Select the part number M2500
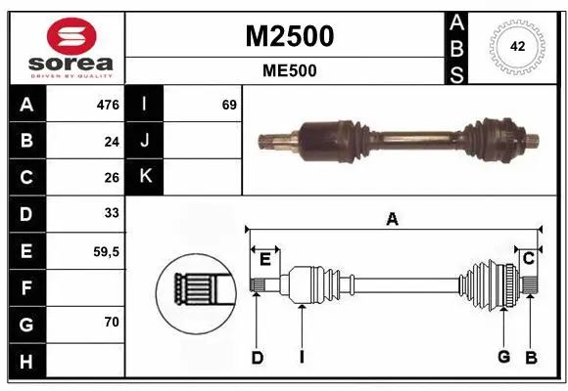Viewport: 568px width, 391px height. tap(288, 36)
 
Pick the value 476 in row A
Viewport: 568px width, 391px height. tap(107, 104)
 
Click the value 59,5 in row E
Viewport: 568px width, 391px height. tap(106, 251)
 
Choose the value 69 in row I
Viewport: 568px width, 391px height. tap(229, 104)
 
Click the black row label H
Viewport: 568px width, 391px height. tap(26, 361)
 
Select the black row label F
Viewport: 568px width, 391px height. tap(26, 287)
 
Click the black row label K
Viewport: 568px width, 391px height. tap(145, 177)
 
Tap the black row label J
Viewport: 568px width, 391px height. tap(145, 141)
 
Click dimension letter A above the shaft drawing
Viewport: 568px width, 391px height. tap(392, 219)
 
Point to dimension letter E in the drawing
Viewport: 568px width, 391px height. tap(264, 258)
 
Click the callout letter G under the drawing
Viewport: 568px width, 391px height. tap(503, 358)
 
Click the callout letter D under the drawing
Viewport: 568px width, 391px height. tap(257, 358)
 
